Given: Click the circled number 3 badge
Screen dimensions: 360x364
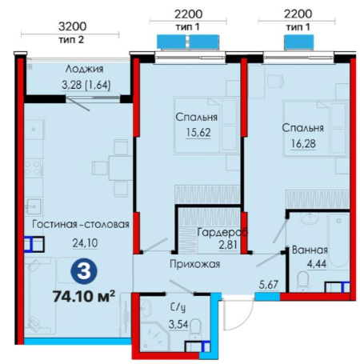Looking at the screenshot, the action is pos(84,271).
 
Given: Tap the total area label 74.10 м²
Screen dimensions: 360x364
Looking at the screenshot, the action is pos(84,296).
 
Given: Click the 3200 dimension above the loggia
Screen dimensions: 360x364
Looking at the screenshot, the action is pos(72,26).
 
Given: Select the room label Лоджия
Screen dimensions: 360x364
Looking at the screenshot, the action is pos(84,69).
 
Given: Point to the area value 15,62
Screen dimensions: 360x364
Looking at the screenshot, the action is pos(198,132).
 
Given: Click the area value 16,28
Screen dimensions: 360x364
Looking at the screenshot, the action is pos(303,144).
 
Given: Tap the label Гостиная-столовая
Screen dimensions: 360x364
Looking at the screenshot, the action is pos(81,224).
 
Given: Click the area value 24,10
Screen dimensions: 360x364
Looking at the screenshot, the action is pos(85,243).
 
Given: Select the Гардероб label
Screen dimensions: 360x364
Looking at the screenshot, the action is pos(222,232).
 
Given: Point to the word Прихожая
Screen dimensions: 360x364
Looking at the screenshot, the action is pos(195,264).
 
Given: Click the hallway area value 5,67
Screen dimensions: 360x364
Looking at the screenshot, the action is pos(269,285).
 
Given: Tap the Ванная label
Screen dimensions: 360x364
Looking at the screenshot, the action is pos(310,250).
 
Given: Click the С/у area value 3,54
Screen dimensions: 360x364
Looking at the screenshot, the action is pos(178,324).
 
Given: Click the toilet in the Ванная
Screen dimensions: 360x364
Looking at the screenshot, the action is pos(303,281).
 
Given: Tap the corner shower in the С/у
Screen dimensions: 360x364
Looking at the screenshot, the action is pos(154,337).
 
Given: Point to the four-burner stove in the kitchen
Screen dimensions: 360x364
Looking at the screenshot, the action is pos(34,168).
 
